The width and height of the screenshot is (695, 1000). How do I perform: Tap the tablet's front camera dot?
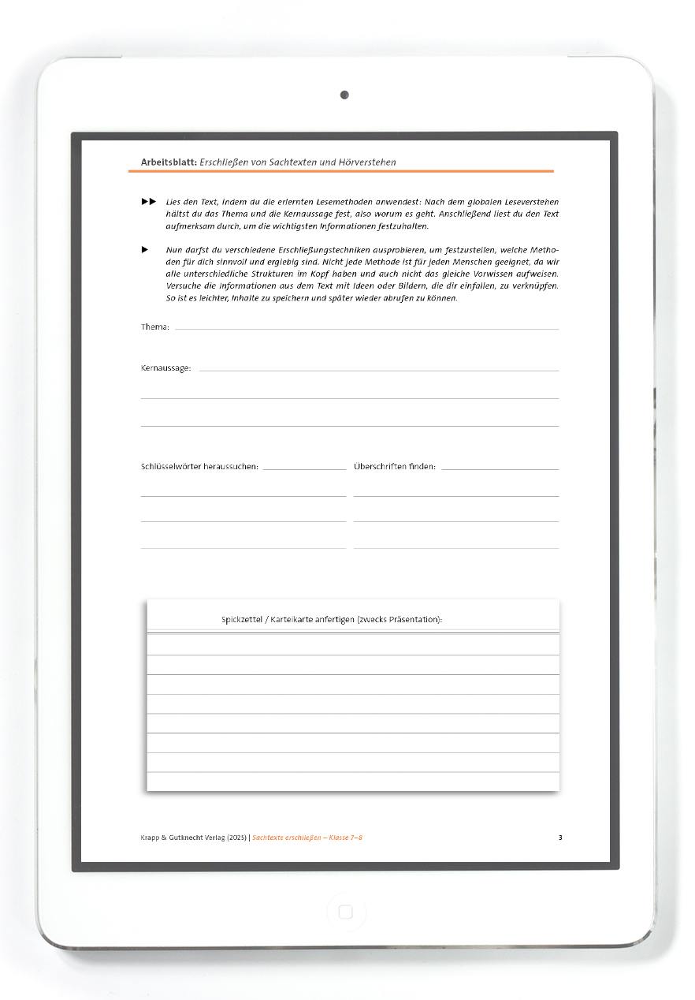coord(344,95)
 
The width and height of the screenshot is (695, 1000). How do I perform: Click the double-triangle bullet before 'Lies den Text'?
coord(149,202)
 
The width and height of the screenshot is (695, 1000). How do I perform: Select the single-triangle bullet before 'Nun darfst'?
coord(145,250)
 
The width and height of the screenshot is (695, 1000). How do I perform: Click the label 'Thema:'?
coord(154,326)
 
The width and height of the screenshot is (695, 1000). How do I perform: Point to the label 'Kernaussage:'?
coord(165,368)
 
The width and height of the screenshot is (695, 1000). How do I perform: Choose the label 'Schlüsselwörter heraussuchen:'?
coord(199,466)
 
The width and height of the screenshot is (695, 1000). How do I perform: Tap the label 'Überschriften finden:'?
coord(394,466)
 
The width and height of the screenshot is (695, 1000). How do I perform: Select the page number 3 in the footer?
coord(560,838)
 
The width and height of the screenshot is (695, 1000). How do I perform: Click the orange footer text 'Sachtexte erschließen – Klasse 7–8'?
coord(307,838)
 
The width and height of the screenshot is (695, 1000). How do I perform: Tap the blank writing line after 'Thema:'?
coord(366,327)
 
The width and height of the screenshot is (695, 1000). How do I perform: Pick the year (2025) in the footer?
coord(236,838)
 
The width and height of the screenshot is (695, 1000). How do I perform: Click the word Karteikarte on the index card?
coord(294,620)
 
